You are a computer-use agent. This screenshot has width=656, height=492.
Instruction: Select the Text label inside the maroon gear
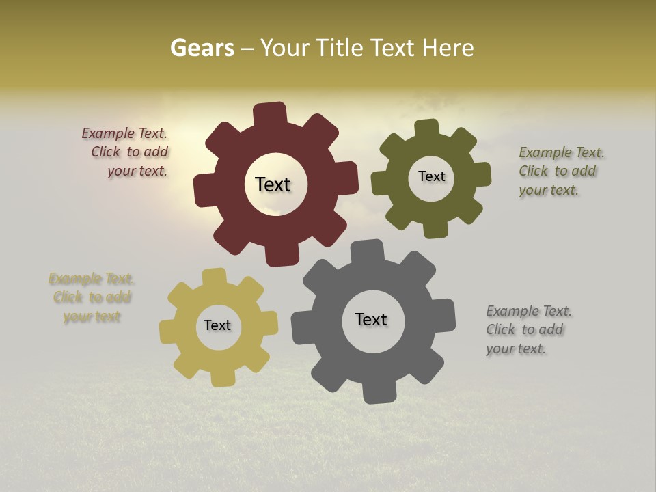click(x=273, y=184)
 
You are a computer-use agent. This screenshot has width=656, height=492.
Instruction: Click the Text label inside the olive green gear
click(x=431, y=176)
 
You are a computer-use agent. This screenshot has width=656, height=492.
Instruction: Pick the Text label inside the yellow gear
click(x=217, y=325)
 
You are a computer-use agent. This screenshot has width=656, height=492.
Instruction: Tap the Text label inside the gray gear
click(x=371, y=319)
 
